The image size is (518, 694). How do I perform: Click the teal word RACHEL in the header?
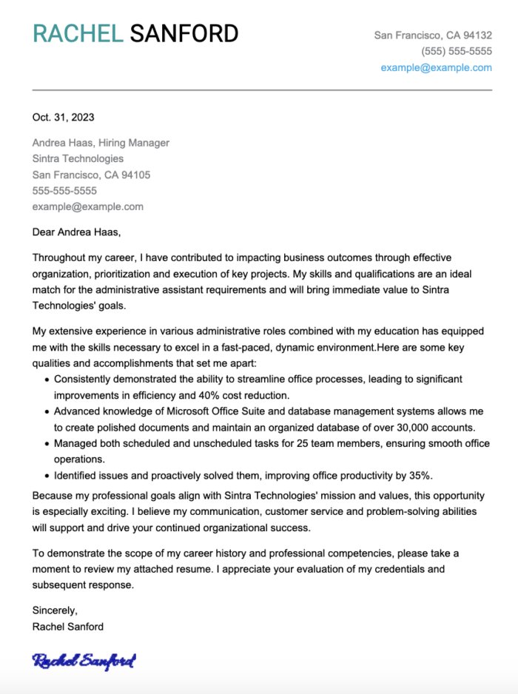coord(77,34)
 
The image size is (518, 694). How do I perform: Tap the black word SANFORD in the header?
coord(184,34)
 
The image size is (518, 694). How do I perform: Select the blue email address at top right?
coord(436,67)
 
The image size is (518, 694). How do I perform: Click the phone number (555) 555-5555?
coord(457,51)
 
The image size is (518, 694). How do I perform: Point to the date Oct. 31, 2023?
coord(63,117)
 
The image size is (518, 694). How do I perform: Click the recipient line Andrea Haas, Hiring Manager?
coord(101,143)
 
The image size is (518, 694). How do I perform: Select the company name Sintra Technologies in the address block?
coord(78,158)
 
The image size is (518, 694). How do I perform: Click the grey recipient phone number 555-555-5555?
coord(64,191)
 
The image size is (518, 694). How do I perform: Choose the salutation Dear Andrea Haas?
coord(76,232)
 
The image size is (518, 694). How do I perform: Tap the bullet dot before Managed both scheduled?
coord(47,444)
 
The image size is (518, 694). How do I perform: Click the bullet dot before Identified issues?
coord(47,476)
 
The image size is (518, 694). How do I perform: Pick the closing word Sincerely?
coord(55,610)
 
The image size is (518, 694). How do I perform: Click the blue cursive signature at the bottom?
coord(84,661)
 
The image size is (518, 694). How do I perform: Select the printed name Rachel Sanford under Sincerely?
coord(68,627)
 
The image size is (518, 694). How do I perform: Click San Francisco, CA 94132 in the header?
coord(432,35)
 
